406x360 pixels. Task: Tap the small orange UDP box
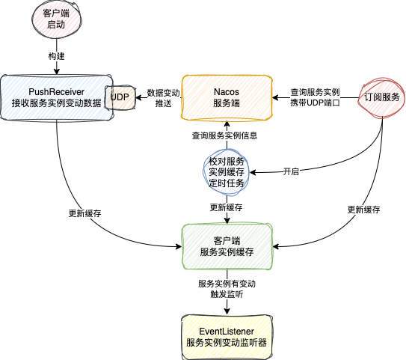click(x=120, y=97)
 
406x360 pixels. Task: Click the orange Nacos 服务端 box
click(x=227, y=97)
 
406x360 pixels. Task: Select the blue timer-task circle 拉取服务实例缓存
click(x=226, y=172)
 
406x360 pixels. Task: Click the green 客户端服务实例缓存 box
click(x=227, y=246)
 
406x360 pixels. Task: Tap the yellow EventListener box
click(x=227, y=335)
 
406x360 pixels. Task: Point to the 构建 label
click(x=56, y=56)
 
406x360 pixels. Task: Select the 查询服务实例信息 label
click(x=225, y=136)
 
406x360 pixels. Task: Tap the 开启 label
click(x=291, y=171)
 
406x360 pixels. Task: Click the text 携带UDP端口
click(x=316, y=103)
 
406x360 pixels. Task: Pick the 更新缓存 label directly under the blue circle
click(x=226, y=207)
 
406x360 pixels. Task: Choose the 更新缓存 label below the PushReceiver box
click(x=84, y=213)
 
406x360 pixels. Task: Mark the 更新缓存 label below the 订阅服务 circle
click(x=364, y=210)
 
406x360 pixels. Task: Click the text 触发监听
click(x=227, y=295)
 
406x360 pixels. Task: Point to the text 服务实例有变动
click(x=227, y=284)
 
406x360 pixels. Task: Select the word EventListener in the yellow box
click(x=227, y=330)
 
